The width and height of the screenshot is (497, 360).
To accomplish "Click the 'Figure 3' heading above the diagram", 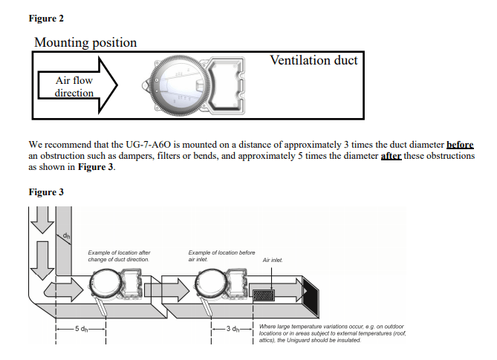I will point(46,192).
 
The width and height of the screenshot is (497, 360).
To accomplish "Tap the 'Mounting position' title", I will point(85,42).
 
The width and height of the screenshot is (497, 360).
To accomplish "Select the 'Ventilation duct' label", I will point(314,60).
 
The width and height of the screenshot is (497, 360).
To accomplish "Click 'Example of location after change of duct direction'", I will point(119,256).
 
